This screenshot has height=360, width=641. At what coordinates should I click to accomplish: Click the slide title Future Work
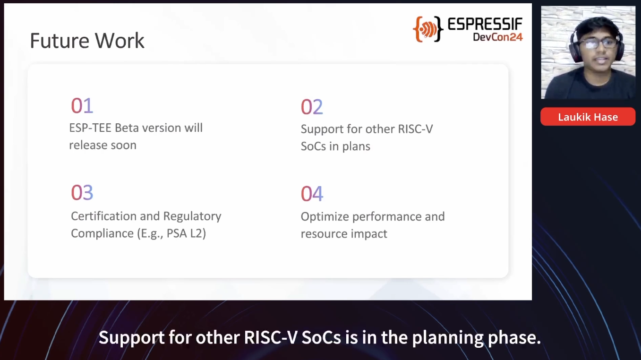pyautogui.click(x=87, y=41)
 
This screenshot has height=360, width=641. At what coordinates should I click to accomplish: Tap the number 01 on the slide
pyautogui.click(x=82, y=106)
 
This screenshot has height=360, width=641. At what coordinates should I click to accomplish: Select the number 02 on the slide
pyautogui.click(x=312, y=107)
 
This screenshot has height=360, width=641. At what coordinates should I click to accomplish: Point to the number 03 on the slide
pyautogui.click(x=82, y=192)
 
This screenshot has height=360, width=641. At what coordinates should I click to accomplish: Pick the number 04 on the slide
pyautogui.click(x=312, y=194)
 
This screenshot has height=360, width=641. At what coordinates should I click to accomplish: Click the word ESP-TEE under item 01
pyautogui.click(x=90, y=128)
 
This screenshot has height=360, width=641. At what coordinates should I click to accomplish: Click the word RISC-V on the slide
pyautogui.click(x=416, y=129)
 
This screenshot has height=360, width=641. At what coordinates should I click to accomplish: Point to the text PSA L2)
pyautogui.click(x=186, y=233)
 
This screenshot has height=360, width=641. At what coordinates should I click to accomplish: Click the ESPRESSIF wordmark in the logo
pyautogui.click(x=485, y=24)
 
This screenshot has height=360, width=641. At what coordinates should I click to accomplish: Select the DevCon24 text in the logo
pyautogui.click(x=498, y=37)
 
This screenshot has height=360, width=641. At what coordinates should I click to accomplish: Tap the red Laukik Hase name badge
pyautogui.click(x=588, y=117)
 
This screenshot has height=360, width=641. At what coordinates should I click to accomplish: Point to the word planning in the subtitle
pyautogui.click(x=447, y=338)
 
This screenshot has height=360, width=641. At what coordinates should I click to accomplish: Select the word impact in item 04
pyautogui.click(x=369, y=234)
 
